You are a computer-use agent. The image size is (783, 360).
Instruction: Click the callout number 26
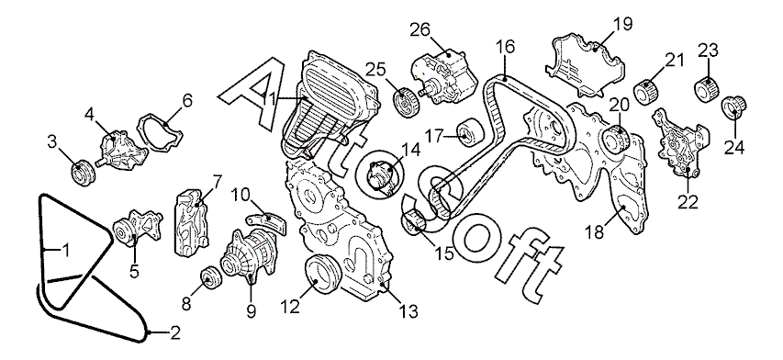tap(420, 30)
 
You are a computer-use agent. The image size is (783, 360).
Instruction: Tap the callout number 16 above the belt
tap(505, 47)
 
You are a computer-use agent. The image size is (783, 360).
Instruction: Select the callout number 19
tap(624, 24)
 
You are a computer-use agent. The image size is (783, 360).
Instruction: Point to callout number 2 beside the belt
tap(174, 333)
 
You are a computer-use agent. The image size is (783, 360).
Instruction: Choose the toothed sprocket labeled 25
tap(405, 102)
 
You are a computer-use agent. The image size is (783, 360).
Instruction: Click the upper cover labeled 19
tap(584, 65)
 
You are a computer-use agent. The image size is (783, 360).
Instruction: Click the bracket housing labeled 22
tap(680, 142)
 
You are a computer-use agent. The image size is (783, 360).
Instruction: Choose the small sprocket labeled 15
tap(416, 220)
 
